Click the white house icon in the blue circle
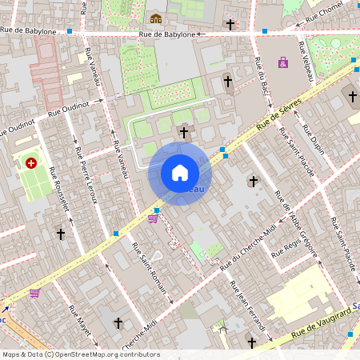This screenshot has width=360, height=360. (x=180, y=173)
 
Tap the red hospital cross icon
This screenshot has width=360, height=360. (x=31, y=163)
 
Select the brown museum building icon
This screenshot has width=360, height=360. (x=156, y=18)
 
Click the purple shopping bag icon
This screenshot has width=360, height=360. (x=283, y=62)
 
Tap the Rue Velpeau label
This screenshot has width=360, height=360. (x=305, y=62)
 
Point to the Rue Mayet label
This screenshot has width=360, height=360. (x=79, y=320)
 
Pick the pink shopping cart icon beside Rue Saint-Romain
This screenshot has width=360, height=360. (x=152, y=218)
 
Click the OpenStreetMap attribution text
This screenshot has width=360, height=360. (x=81, y=354)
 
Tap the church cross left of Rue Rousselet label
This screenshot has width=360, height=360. (x=60, y=234)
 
